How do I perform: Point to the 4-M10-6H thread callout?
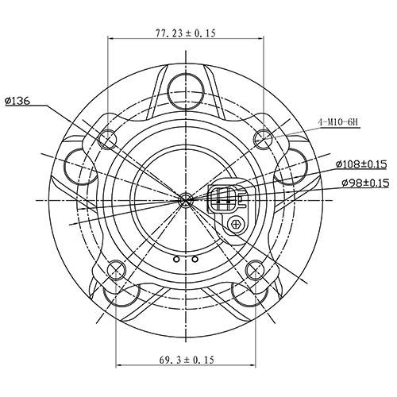[339, 121]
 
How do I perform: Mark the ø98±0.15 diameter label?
[364, 183]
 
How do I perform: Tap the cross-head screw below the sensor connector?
[236, 225]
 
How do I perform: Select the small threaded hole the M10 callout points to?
[263, 137]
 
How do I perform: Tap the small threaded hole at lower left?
[117, 267]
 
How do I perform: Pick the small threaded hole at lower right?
[255, 267]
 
